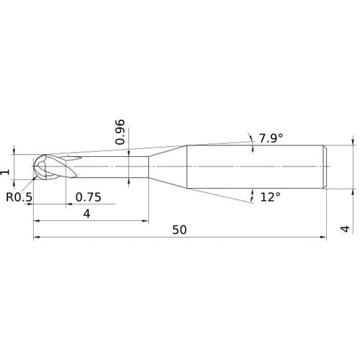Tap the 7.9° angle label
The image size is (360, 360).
coord(270,138)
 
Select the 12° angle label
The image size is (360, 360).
coord(270,197)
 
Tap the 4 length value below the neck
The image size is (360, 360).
coord(86,214)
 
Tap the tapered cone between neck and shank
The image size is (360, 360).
coord(167,168)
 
